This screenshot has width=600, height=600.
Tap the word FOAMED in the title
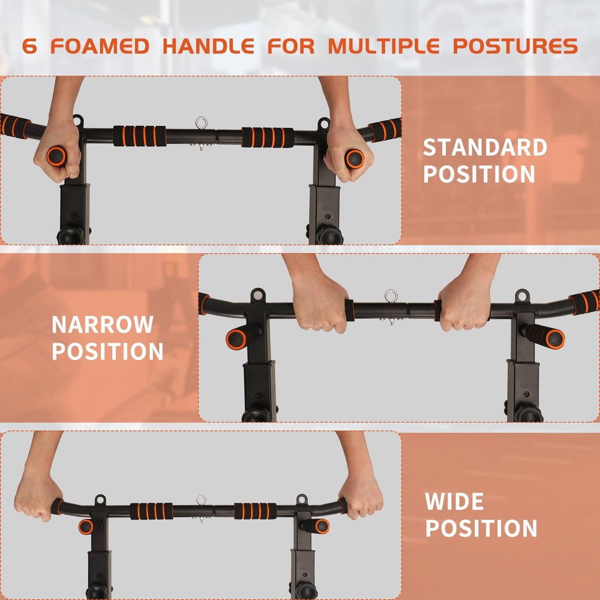pyautogui.click(x=100, y=46)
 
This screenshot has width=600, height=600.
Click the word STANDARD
pyautogui.click(x=485, y=148)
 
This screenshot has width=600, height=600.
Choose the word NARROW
pyautogui.click(x=103, y=325)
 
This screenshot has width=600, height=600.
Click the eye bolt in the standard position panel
pyautogui.click(x=201, y=124)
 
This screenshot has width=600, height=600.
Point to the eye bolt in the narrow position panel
pyautogui.click(x=391, y=296)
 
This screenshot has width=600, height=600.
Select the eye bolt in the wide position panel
pyautogui.click(x=201, y=500)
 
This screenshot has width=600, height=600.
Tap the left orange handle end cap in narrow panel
pyautogui.click(x=236, y=339)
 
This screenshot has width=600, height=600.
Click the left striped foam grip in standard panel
pyautogui.click(x=139, y=136)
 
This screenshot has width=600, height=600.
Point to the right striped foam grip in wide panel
pyautogui.click(x=255, y=511)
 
